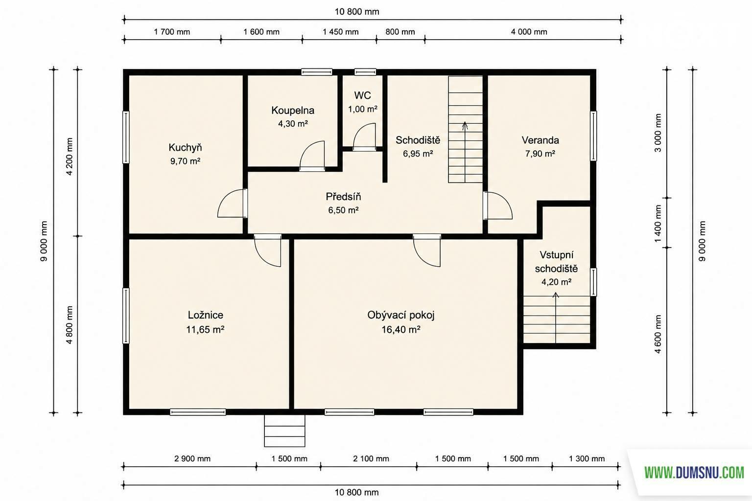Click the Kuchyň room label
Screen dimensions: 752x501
coord(185,147)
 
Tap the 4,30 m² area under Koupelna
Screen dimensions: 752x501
coord(293,124)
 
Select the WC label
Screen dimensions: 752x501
coord(363,95)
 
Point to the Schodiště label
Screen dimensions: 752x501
coord(418,140)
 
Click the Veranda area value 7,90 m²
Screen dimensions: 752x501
coord(540,154)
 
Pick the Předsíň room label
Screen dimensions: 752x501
coord(343,196)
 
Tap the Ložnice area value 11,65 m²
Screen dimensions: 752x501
coord(205,330)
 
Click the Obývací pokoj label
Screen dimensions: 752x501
coord(401,315)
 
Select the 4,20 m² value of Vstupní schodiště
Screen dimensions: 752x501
coord(556,282)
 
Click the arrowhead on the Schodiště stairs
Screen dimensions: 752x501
coord(465,126)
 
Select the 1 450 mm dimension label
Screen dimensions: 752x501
coord(340,32)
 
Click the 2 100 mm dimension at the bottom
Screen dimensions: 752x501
coord(371,458)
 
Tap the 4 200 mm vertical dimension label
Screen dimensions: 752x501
coord(70,157)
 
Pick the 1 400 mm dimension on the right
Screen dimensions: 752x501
coord(658,223)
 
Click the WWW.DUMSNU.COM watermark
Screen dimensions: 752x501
coord(694,473)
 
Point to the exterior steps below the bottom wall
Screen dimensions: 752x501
coord(284,431)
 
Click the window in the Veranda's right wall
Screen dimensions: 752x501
coord(593,136)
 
